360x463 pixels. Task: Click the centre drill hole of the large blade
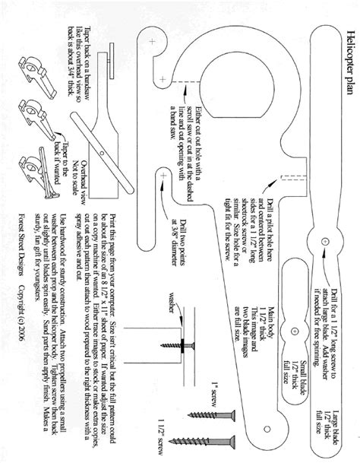coord(324,241)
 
